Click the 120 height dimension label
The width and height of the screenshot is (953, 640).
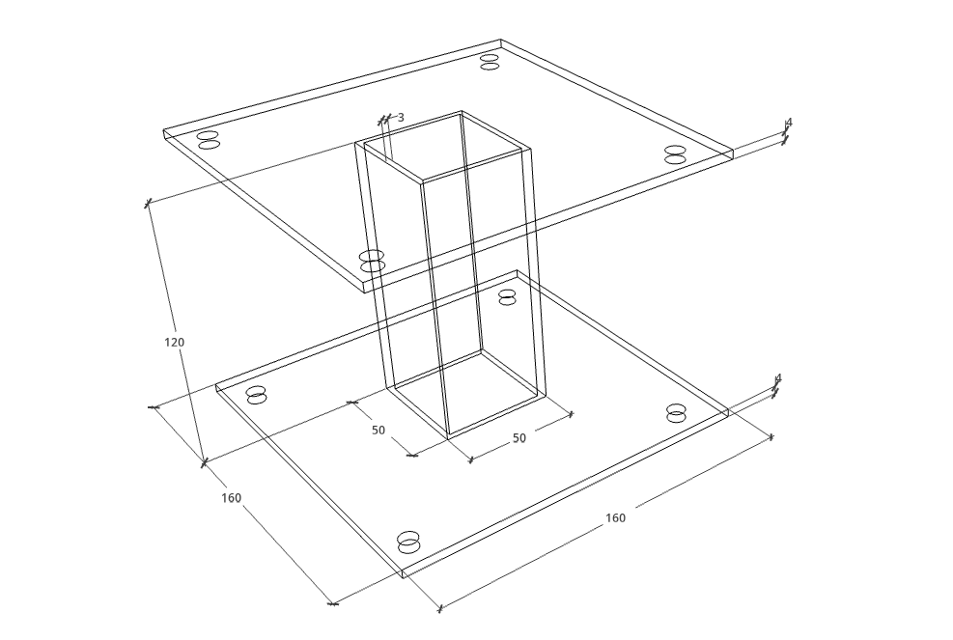(x=174, y=342)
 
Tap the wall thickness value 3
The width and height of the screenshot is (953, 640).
(x=401, y=118)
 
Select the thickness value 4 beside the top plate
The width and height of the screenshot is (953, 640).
(x=789, y=123)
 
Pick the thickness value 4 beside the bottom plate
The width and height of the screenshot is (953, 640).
(x=778, y=378)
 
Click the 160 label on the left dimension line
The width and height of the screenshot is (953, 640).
(x=231, y=498)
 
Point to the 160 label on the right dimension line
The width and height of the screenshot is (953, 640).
(x=615, y=517)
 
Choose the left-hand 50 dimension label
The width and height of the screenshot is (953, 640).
(x=378, y=431)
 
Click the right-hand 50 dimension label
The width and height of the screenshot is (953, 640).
(x=519, y=438)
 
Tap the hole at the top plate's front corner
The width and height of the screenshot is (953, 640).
(x=372, y=261)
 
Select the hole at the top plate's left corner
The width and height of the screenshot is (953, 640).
(x=208, y=140)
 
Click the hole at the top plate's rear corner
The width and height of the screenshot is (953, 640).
(x=490, y=62)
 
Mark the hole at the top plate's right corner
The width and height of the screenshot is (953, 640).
(x=675, y=154)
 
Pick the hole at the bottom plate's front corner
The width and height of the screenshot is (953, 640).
(x=408, y=543)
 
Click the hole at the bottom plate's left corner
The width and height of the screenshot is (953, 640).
(x=257, y=395)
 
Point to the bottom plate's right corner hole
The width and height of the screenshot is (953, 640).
(x=675, y=413)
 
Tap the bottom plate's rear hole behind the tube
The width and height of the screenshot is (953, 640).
(x=507, y=297)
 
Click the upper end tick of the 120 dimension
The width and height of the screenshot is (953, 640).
(x=147, y=203)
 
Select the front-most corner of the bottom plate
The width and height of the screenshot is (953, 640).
(x=404, y=578)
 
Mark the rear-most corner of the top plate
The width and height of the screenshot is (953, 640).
(x=500, y=41)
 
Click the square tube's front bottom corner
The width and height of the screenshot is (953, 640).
(x=449, y=438)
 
